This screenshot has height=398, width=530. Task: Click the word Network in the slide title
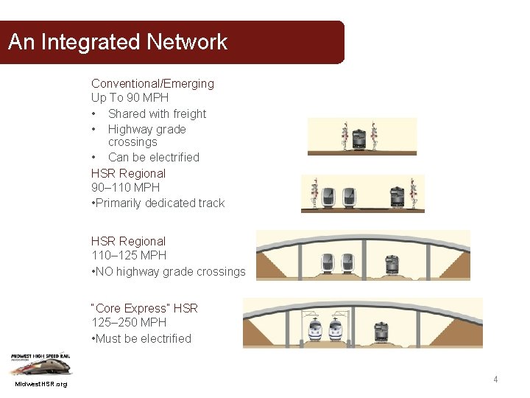(x=187, y=42)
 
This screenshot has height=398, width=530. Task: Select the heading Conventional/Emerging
(x=152, y=83)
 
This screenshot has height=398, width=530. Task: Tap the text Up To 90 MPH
(x=130, y=97)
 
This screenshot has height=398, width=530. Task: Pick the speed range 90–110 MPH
(x=127, y=187)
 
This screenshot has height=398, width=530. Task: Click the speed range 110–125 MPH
(x=129, y=255)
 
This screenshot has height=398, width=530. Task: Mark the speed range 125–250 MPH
(x=129, y=322)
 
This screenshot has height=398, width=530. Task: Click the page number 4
(x=495, y=380)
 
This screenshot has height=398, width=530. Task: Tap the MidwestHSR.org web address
(x=40, y=385)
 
